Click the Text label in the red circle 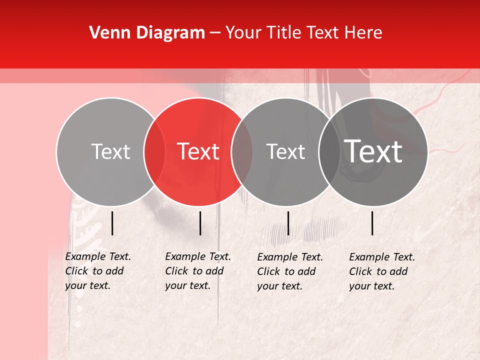tap(198, 151)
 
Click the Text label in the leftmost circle tap(110, 152)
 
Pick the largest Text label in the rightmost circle tap(373, 151)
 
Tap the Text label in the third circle tap(285, 152)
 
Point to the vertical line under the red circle tap(200, 223)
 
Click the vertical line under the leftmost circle tap(112, 223)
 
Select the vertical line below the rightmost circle tap(372, 223)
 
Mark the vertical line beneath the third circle tap(288, 223)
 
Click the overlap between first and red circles tap(154, 152)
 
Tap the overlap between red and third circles tap(242, 152)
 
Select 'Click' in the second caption tap(177, 271)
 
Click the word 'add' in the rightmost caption tap(398, 272)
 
